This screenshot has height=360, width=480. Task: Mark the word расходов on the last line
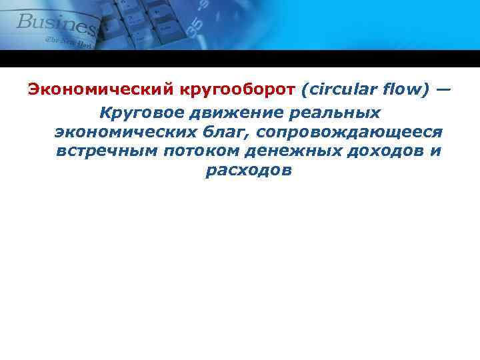point(249,170)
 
